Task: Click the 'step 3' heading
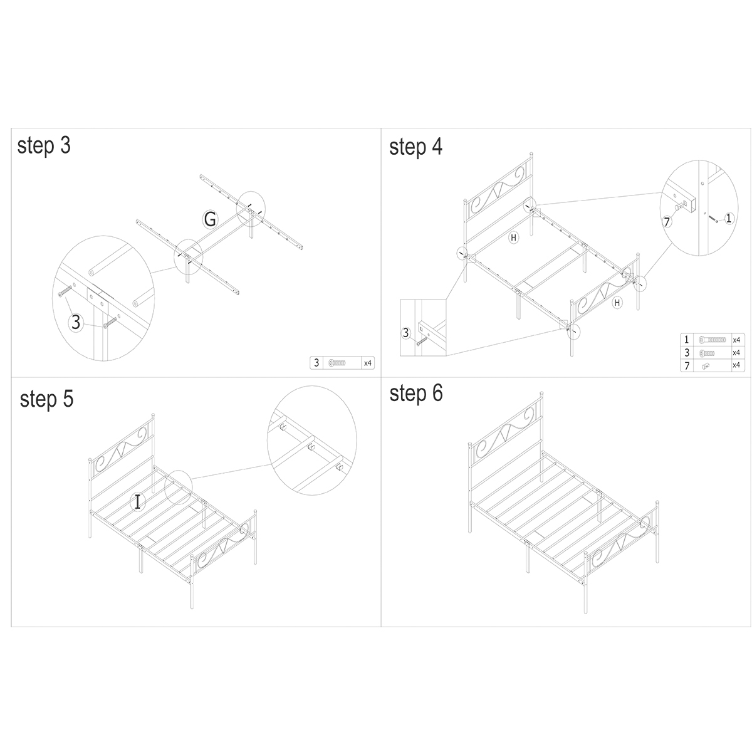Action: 44,145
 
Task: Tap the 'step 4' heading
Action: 415,147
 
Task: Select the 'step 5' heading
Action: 46,399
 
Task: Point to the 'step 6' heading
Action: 415,394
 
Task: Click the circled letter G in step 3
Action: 210,219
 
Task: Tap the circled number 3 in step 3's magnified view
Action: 76,323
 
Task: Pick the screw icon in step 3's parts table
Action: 337,363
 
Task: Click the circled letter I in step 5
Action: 137,501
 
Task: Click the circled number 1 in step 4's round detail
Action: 728,218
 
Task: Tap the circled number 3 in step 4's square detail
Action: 405,333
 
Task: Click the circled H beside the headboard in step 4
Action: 513,238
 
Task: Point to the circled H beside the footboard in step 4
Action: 617,303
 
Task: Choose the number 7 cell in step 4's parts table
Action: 687,365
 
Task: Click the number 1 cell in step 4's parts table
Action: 687,339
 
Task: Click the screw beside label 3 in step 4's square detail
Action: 418,339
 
